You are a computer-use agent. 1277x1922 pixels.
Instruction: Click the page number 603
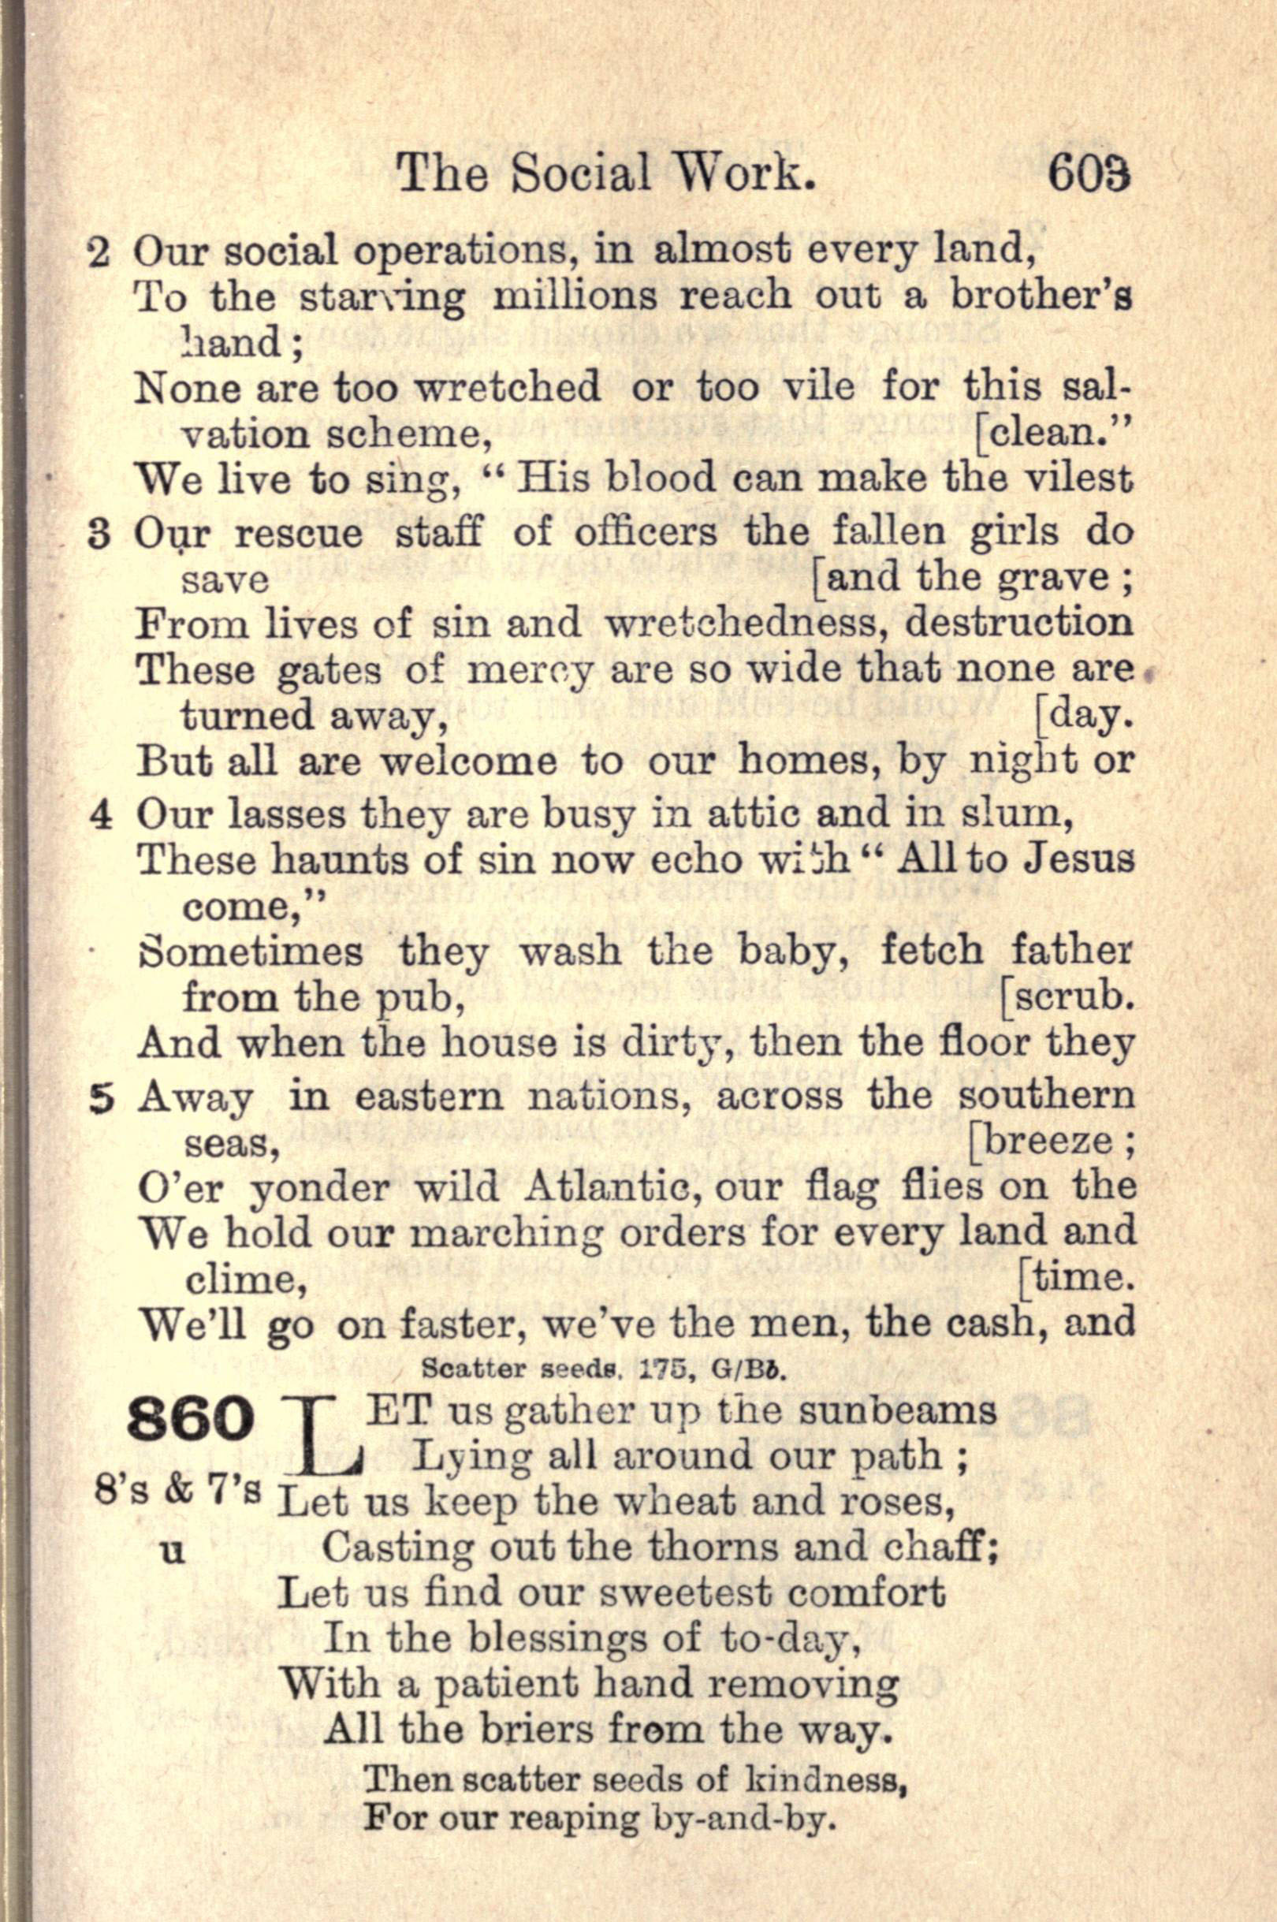point(1089,173)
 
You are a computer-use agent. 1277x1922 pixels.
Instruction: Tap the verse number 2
point(98,253)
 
